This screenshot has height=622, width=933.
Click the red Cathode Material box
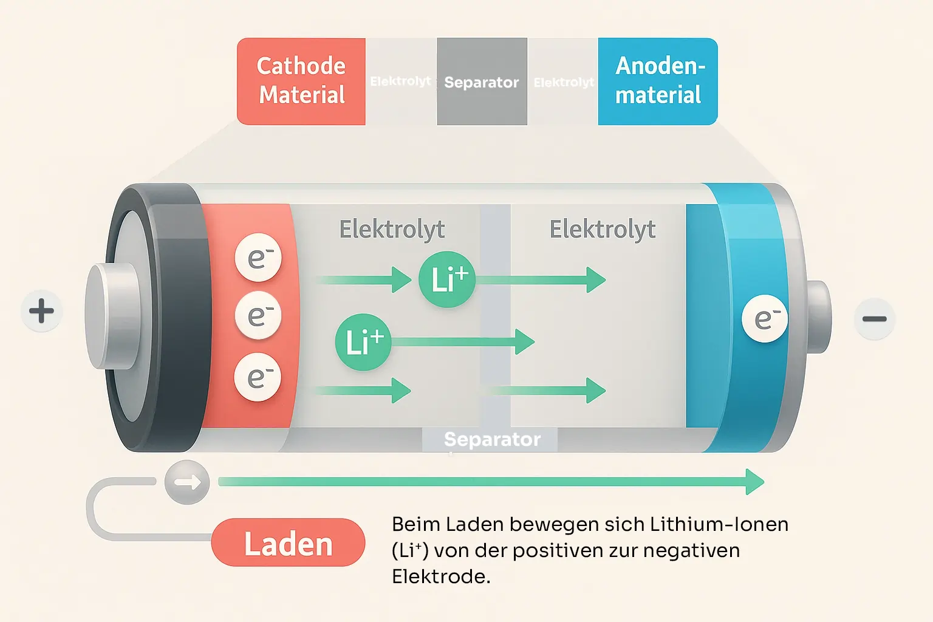(301, 81)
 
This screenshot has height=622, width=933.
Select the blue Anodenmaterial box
(658, 81)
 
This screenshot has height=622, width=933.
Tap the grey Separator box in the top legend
(482, 82)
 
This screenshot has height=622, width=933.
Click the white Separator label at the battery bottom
(492, 439)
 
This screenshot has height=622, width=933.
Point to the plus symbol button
(42, 311)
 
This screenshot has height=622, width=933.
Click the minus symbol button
(874, 319)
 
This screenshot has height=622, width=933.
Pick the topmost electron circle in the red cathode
(258, 258)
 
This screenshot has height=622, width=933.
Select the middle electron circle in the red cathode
(258, 316)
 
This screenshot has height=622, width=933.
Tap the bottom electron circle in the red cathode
(258, 377)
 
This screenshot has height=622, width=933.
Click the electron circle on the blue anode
(765, 319)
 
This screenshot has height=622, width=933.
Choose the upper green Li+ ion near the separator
(447, 279)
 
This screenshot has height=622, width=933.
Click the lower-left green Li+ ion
(363, 342)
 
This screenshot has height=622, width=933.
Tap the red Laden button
(288, 543)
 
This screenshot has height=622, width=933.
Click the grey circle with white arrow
(187, 483)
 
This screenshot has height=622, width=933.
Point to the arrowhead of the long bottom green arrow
(755, 482)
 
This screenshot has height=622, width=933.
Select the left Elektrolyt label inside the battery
(392, 230)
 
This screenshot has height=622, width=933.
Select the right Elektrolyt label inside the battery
(602, 230)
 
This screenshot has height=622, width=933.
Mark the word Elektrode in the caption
(440, 576)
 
